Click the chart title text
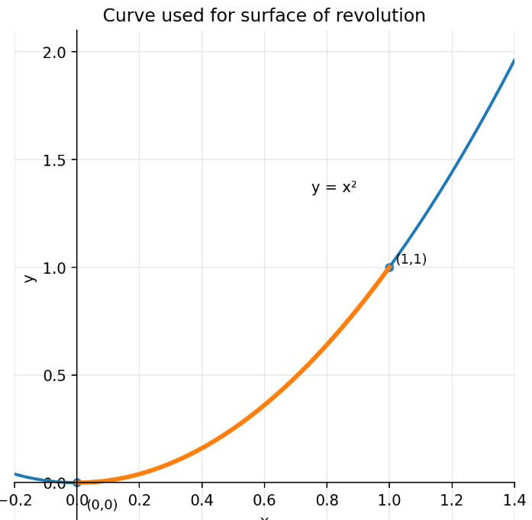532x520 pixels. [x=264, y=16]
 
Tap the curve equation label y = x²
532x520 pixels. [x=334, y=188]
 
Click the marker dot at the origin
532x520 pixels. [x=77, y=483]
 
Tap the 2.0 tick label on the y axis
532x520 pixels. [x=55, y=52]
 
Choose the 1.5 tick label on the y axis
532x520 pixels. [x=55, y=160]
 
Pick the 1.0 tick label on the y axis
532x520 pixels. [x=55, y=268]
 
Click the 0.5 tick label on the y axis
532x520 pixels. [x=55, y=375]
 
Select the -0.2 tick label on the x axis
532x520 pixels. [x=11, y=500]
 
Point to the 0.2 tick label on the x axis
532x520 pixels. [x=140, y=500]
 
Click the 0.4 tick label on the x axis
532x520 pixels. [x=202, y=500]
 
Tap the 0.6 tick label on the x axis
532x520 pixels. [x=264, y=500]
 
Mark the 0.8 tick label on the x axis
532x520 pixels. [x=327, y=500]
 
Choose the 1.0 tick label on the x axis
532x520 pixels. [x=389, y=500]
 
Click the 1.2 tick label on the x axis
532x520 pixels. [x=452, y=500]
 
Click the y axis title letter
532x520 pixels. [x=29, y=278]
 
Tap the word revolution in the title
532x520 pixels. [x=382, y=16]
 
